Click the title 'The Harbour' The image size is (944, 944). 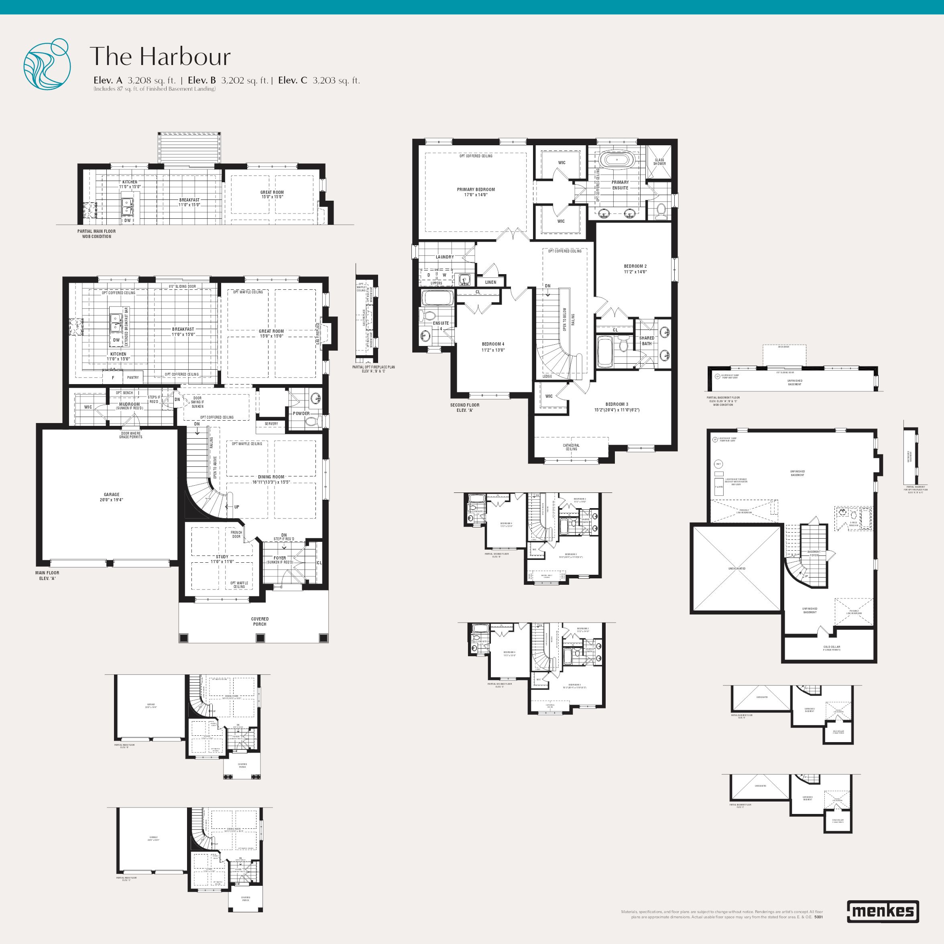point(160,56)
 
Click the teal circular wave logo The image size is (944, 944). point(47,64)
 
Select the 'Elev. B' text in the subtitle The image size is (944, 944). point(201,81)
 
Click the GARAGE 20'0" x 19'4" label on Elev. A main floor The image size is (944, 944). point(112,497)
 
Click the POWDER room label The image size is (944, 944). point(301,413)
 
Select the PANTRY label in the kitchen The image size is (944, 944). point(133,377)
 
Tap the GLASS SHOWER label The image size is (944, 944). point(659,162)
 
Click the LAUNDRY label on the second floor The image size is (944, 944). point(445,257)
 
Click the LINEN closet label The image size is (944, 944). point(490,282)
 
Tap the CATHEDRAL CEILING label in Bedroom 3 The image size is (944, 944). point(571,447)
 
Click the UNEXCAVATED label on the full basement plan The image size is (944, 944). point(737,569)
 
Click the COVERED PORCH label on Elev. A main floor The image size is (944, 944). point(260,622)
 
